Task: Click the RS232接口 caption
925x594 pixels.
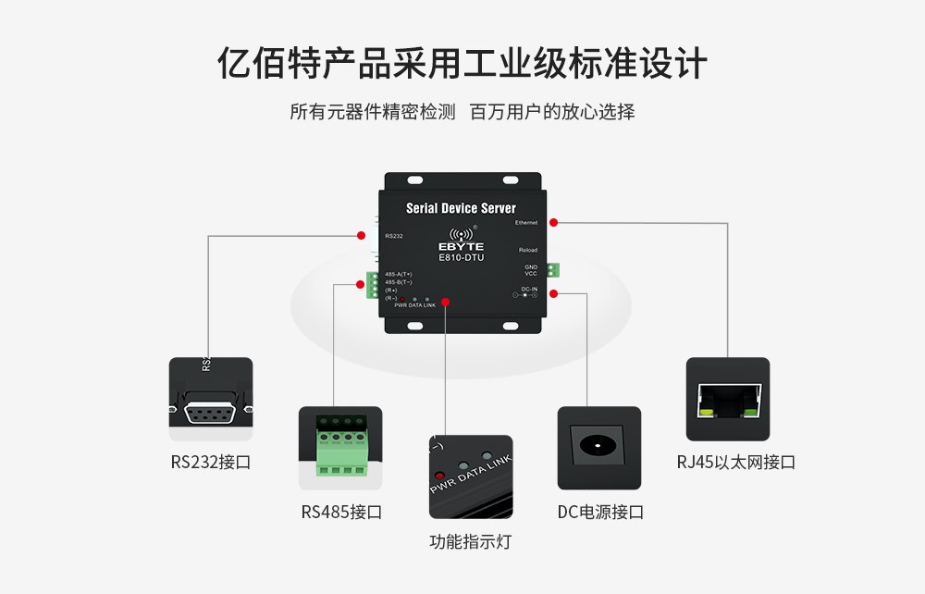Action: pos(210,462)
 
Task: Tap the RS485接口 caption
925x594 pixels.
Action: pos(340,512)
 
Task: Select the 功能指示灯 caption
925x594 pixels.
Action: pos(470,541)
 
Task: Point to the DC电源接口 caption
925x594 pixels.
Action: pos(599,512)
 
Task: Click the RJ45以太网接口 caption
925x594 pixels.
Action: pos(728,462)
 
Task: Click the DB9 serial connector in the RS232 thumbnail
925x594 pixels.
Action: pos(210,412)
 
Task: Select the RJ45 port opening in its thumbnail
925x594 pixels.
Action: pos(728,401)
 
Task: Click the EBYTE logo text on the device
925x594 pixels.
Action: pos(461,247)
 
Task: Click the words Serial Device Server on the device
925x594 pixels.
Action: pos(461,208)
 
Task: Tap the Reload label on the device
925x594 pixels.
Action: pos(527,250)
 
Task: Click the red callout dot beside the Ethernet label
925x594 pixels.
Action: pos(553,222)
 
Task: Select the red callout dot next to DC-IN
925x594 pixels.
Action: pos(553,294)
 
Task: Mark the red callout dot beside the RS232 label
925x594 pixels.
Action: pos(361,236)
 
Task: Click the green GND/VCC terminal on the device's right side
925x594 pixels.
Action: pos(552,270)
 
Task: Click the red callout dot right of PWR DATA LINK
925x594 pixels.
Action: pos(446,302)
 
